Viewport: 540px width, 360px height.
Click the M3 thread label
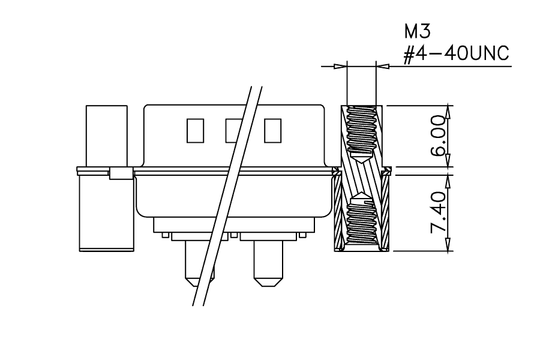[417, 32]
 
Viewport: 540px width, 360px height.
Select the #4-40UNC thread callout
[456, 54]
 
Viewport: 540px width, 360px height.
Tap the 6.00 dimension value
[439, 136]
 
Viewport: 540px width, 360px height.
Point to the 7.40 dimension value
[439, 212]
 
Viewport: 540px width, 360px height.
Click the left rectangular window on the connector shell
[195, 131]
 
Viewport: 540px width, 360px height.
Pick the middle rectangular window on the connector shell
[234, 131]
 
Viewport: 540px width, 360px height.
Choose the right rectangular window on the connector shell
[273, 131]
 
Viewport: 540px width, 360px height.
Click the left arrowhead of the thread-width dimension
[341, 66]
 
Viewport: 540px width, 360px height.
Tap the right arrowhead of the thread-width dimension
[383, 66]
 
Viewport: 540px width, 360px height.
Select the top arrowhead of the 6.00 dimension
[448, 112]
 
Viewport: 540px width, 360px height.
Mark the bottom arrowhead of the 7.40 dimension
[448, 245]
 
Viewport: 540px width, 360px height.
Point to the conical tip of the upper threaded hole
[362, 163]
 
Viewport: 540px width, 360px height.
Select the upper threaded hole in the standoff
[362, 134]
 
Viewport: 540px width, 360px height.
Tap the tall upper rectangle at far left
[106, 136]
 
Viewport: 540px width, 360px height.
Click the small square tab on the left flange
[121, 173]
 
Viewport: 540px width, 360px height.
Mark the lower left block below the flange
[106, 212]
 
